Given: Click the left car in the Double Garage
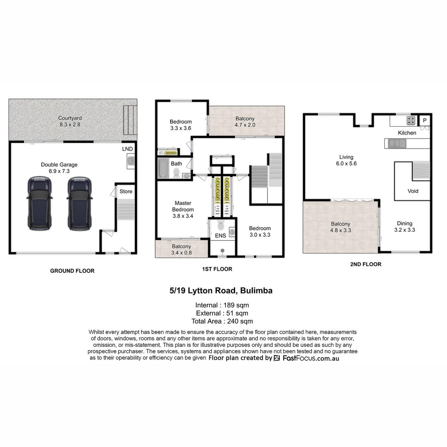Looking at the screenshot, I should [40, 203].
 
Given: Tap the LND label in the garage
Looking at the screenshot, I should [127, 149].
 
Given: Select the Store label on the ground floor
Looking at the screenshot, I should [126, 191].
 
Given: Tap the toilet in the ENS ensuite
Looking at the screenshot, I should [221, 225].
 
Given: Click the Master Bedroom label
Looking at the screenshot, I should [183, 209].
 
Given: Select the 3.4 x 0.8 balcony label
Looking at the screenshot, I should [182, 250].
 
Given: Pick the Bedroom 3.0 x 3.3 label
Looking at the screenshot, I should [260, 231].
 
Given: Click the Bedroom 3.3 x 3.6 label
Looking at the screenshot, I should [181, 125].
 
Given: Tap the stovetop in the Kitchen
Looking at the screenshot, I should [411, 120].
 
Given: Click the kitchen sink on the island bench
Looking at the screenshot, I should [394, 144].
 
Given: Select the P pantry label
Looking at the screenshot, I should [425, 120].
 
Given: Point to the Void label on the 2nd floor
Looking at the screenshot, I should [413, 191].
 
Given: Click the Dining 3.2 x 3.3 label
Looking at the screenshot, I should [404, 226].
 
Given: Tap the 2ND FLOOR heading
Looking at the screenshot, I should [365, 264].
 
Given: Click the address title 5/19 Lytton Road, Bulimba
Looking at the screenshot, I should [221, 291].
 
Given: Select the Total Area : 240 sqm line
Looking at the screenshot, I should [222, 321].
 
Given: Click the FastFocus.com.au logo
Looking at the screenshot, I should [306, 358].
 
